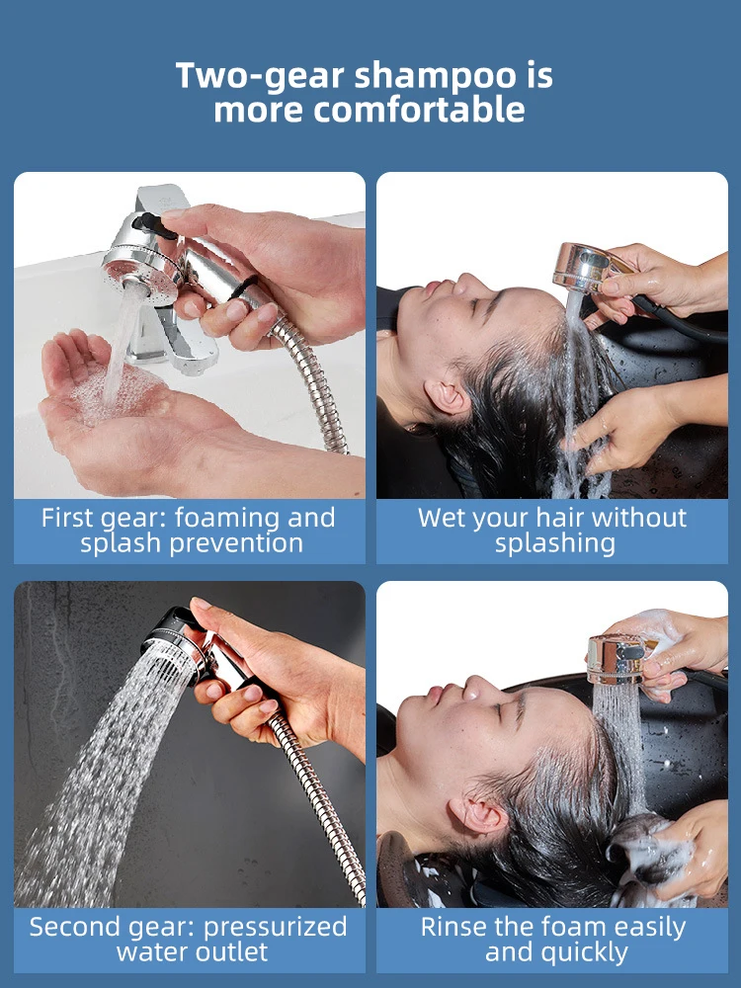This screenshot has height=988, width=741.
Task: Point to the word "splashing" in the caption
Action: pos(554,543)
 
